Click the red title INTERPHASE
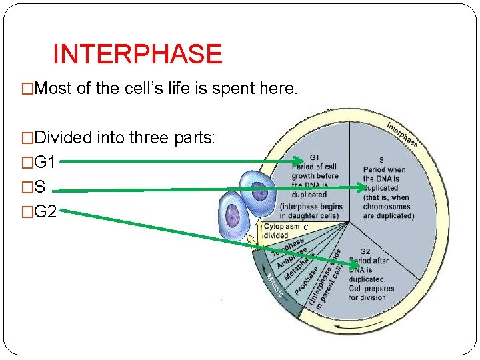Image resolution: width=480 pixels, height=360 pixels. pyautogui.click(x=137, y=54)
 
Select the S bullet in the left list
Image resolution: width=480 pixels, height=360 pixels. pyautogui.click(x=40, y=187)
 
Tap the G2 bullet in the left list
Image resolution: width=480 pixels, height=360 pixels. pyautogui.click(x=45, y=212)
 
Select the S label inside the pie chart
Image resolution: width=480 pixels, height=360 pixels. pyautogui.click(x=381, y=160)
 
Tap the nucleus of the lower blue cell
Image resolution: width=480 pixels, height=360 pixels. pyautogui.click(x=233, y=215)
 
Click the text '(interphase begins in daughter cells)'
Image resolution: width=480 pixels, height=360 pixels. pyautogui.click(x=311, y=211)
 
